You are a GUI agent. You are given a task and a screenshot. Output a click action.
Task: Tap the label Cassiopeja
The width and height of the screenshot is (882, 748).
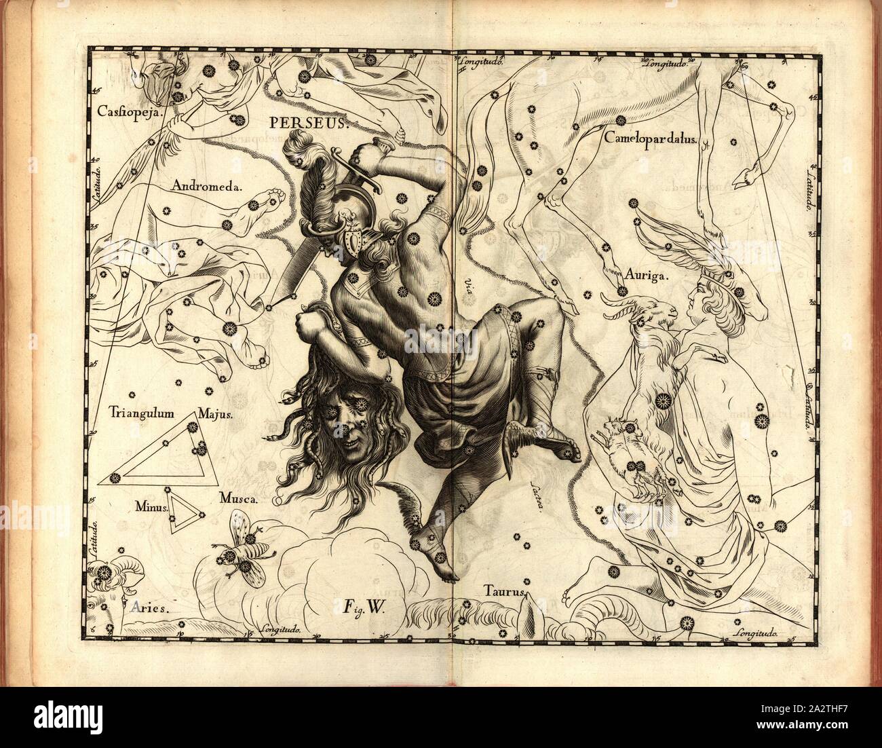coord(128,111)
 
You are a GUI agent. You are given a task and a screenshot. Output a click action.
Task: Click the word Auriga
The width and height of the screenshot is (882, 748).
coord(647,276)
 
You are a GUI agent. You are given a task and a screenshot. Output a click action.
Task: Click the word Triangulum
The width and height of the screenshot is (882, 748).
coord(142,412)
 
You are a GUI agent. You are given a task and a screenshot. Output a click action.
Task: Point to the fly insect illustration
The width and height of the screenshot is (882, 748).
coord(243,548)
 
